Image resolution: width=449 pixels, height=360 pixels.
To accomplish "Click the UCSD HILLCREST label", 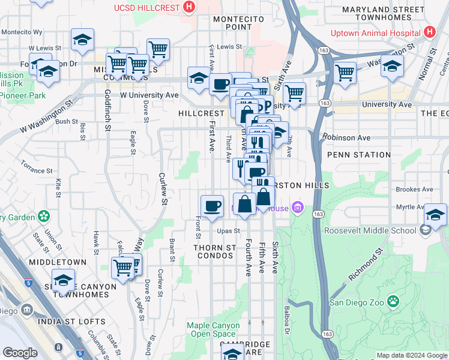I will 148,8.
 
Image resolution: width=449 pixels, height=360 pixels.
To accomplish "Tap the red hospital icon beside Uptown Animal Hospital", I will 429,32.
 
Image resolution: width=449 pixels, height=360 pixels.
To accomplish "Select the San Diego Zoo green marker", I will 394,301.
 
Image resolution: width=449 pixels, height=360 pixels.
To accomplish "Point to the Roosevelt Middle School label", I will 370,230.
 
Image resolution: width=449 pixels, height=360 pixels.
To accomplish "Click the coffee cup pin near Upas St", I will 212,206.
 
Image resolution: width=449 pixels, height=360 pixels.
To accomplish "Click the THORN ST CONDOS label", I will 214,251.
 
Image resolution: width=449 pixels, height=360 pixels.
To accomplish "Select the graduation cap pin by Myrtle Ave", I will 436,214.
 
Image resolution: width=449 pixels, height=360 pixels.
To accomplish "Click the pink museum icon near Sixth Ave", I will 297,208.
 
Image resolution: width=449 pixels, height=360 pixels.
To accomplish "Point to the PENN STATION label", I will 359,155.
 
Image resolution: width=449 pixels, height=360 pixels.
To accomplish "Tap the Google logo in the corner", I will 20,353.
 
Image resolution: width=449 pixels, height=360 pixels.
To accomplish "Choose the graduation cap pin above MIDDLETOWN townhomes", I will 63,280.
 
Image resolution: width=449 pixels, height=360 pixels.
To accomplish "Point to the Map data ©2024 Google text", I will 411,356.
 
